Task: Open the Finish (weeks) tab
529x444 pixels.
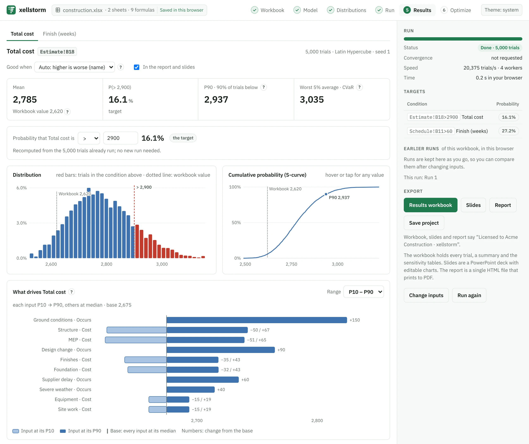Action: pyautogui.click(x=60, y=34)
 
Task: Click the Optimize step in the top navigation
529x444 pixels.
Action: pyautogui.click(x=456, y=10)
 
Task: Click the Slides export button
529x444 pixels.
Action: pyautogui.click(x=473, y=205)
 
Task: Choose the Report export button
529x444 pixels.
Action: pyautogui.click(x=503, y=205)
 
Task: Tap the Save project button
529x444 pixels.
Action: pyautogui.click(x=424, y=223)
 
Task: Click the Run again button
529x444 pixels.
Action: pyautogui.click(x=469, y=295)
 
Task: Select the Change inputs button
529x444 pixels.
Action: pyautogui.click(x=426, y=295)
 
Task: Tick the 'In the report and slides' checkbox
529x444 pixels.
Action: pyautogui.click(x=137, y=67)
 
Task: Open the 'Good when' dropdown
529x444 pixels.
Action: pyautogui.click(x=75, y=67)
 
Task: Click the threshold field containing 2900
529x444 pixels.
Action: pyautogui.click(x=120, y=138)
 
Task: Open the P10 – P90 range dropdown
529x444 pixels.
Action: pyautogui.click(x=363, y=292)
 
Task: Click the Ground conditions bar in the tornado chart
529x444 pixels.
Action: pyautogui.click(x=257, y=320)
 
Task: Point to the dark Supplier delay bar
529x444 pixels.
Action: pyautogui.click(x=203, y=380)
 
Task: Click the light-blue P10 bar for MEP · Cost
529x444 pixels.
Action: pyautogui.click(x=136, y=340)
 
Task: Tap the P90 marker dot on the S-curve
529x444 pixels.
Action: pyautogui.click(x=326, y=194)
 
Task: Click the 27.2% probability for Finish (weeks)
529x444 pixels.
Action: pyautogui.click(x=508, y=131)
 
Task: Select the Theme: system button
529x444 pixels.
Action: pyautogui.click(x=501, y=10)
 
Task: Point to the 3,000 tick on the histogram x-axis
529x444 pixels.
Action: pyautogui.click(x=162, y=264)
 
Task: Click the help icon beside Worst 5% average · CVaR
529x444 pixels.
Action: pyautogui.click(x=360, y=87)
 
